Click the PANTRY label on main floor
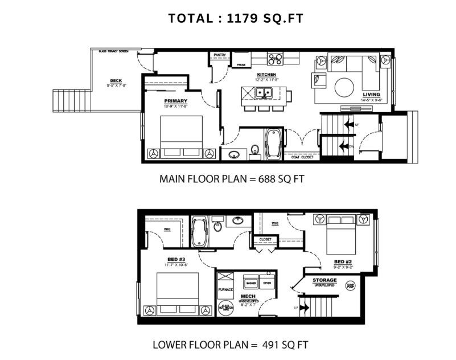click(220, 55)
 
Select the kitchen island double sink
click(264, 93)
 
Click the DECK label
click(116, 80)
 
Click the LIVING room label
click(372, 95)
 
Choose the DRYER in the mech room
click(267, 283)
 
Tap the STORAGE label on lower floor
click(324, 280)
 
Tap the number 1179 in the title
click(244, 18)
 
